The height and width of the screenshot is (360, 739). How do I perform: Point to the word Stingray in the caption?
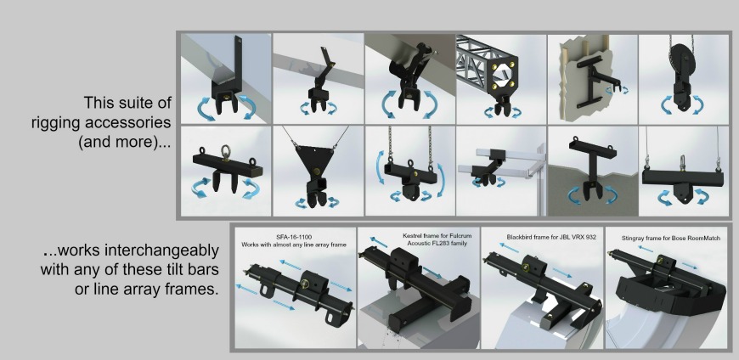[x=635, y=239]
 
